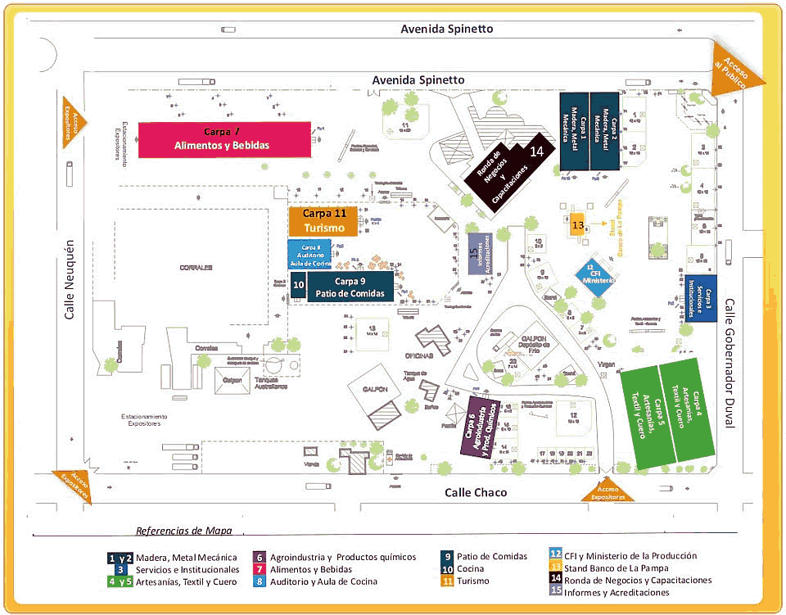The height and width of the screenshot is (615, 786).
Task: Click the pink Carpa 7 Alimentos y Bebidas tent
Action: pos(224,139)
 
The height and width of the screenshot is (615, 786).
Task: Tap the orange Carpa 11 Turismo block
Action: pos(323,221)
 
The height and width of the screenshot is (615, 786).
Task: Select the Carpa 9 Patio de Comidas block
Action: pos(350,287)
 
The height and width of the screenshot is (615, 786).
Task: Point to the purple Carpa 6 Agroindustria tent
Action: pos(479,427)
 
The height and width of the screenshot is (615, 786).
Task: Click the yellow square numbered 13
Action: pos(577,224)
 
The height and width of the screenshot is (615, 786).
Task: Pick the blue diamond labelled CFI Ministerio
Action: pos(595,274)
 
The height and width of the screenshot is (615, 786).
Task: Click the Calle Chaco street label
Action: pos(476,492)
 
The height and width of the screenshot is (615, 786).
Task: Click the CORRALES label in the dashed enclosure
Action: pos(197,267)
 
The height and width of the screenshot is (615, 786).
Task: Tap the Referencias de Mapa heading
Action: pos(183,530)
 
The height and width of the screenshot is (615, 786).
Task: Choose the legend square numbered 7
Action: pos(258,569)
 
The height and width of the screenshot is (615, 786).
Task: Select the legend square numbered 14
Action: pos(556,580)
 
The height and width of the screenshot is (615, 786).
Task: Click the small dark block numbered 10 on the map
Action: pos(299,285)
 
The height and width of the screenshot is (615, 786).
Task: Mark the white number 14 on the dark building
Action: pos(537,151)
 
